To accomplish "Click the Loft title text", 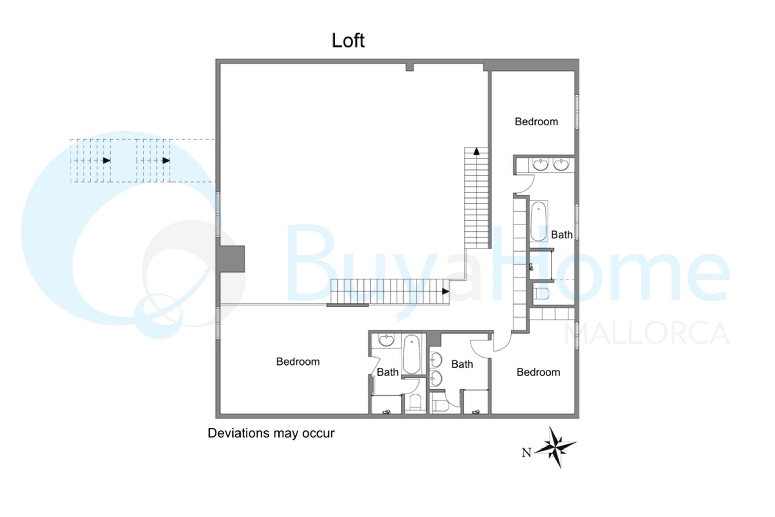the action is click(x=348, y=41).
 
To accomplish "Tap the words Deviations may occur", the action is click(x=271, y=433).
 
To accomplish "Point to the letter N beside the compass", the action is click(x=526, y=453).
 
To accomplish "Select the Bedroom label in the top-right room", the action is click(x=537, y=122).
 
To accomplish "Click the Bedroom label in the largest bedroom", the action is click(x=298, y=362).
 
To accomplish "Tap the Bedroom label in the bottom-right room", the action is click(x=538, y=372).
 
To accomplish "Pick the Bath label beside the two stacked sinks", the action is click(x=462, y=364).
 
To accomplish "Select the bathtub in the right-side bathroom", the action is click(x=538, y=221).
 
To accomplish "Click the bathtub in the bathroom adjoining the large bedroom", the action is click(x=412, y=354).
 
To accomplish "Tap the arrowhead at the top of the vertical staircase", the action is click(x=476, y=151).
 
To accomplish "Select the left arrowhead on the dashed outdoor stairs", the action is click(x=106, y=161).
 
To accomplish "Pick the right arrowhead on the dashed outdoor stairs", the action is click(x=166, y=161).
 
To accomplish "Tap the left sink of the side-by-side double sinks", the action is click(x=540, y=164).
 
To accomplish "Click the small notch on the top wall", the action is click(x=409, y=67).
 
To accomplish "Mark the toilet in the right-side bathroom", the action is click(x=540, y=293).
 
